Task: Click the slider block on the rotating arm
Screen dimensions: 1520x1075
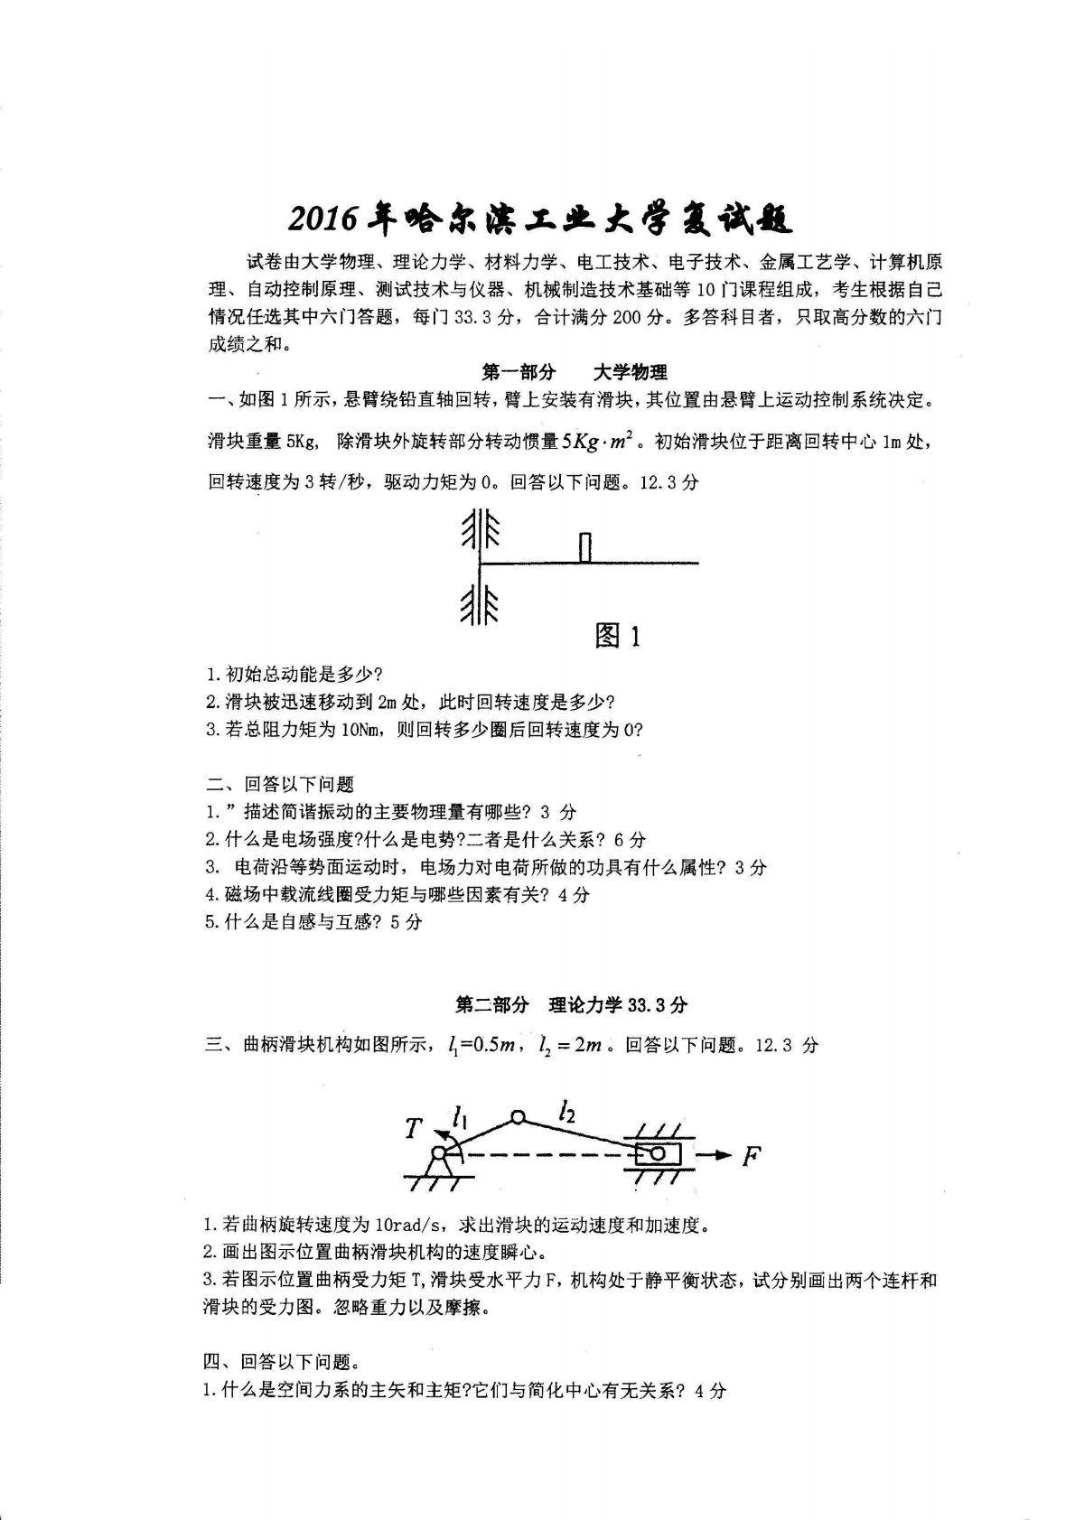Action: click(585, 547)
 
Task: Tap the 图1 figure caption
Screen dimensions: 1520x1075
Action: click(619, 636)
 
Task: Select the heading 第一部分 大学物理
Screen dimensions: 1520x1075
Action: click(575, 372)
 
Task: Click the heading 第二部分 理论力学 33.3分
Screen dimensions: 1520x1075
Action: click(571, 1004)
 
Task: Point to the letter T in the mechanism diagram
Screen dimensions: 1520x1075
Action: click(413, 1128)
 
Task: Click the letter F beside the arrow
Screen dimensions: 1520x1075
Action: click(751, 1155)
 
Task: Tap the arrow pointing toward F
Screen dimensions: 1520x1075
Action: click(717, 1154)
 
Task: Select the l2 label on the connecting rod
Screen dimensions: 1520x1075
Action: click(567, 1110)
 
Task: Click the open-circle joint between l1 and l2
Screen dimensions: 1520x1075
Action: click(517, 1118)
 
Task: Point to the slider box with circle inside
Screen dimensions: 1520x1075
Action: click(657, 1153)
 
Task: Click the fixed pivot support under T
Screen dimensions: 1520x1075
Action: click(439, 1163)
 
